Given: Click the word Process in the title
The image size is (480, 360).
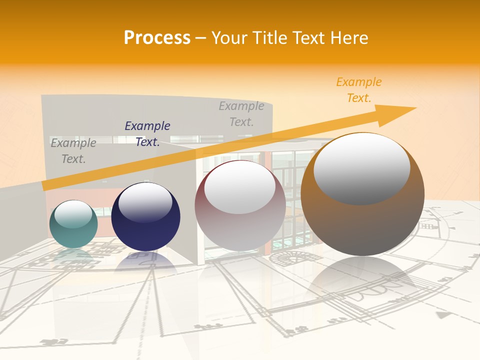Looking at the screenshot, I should click(157, 38).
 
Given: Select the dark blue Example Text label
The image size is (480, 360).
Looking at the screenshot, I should click(147, 134).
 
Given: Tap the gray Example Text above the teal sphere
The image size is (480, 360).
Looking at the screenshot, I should click(73, 150).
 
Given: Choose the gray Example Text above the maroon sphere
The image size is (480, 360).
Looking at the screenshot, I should click(241, 113).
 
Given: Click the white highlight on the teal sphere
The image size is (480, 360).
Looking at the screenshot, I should click(73, 214).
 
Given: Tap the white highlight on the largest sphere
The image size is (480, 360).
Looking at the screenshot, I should click(361, 167).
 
